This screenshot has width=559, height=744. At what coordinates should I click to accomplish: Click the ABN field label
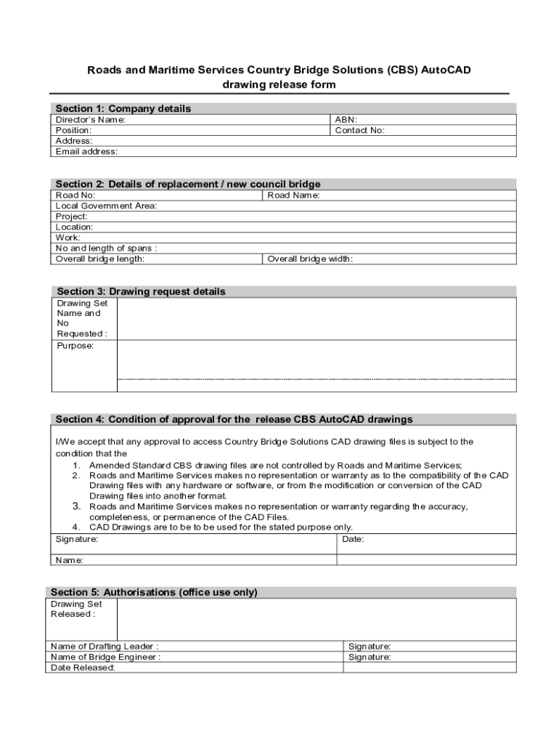pos(346,120)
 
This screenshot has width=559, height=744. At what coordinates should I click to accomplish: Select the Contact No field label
pos(359,131)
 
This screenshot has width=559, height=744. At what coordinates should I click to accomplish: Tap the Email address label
pos(86,152)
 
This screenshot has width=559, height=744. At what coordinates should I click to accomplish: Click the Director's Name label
pos(91,120)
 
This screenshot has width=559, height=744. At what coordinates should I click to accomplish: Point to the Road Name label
pos(294,195)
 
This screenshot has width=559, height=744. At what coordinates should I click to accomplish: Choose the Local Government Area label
pos(106,206)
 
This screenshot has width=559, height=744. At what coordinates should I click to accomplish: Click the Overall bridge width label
pos(310,259)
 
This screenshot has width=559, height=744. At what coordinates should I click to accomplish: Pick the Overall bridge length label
pos(100,259)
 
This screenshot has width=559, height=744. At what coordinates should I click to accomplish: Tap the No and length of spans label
pos(107,248)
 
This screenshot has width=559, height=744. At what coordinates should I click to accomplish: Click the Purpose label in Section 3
pos(76,346)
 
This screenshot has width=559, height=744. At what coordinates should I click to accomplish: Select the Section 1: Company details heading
pos(123,109)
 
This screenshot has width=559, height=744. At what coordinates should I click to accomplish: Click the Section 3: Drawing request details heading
pos(141,291)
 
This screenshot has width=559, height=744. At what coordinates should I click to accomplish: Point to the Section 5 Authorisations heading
pos(154,592)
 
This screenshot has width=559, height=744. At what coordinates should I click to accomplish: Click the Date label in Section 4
pos(353,540)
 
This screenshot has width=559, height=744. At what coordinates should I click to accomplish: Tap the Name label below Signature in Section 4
pos(70,560)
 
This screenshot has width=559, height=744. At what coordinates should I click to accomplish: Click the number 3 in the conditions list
pos(76,506)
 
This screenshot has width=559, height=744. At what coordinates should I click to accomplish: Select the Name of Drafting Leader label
pos(105,646)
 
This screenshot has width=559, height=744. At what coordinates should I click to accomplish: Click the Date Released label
pos(83,668)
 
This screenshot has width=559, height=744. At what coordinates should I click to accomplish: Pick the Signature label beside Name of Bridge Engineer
pos(370,657)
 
